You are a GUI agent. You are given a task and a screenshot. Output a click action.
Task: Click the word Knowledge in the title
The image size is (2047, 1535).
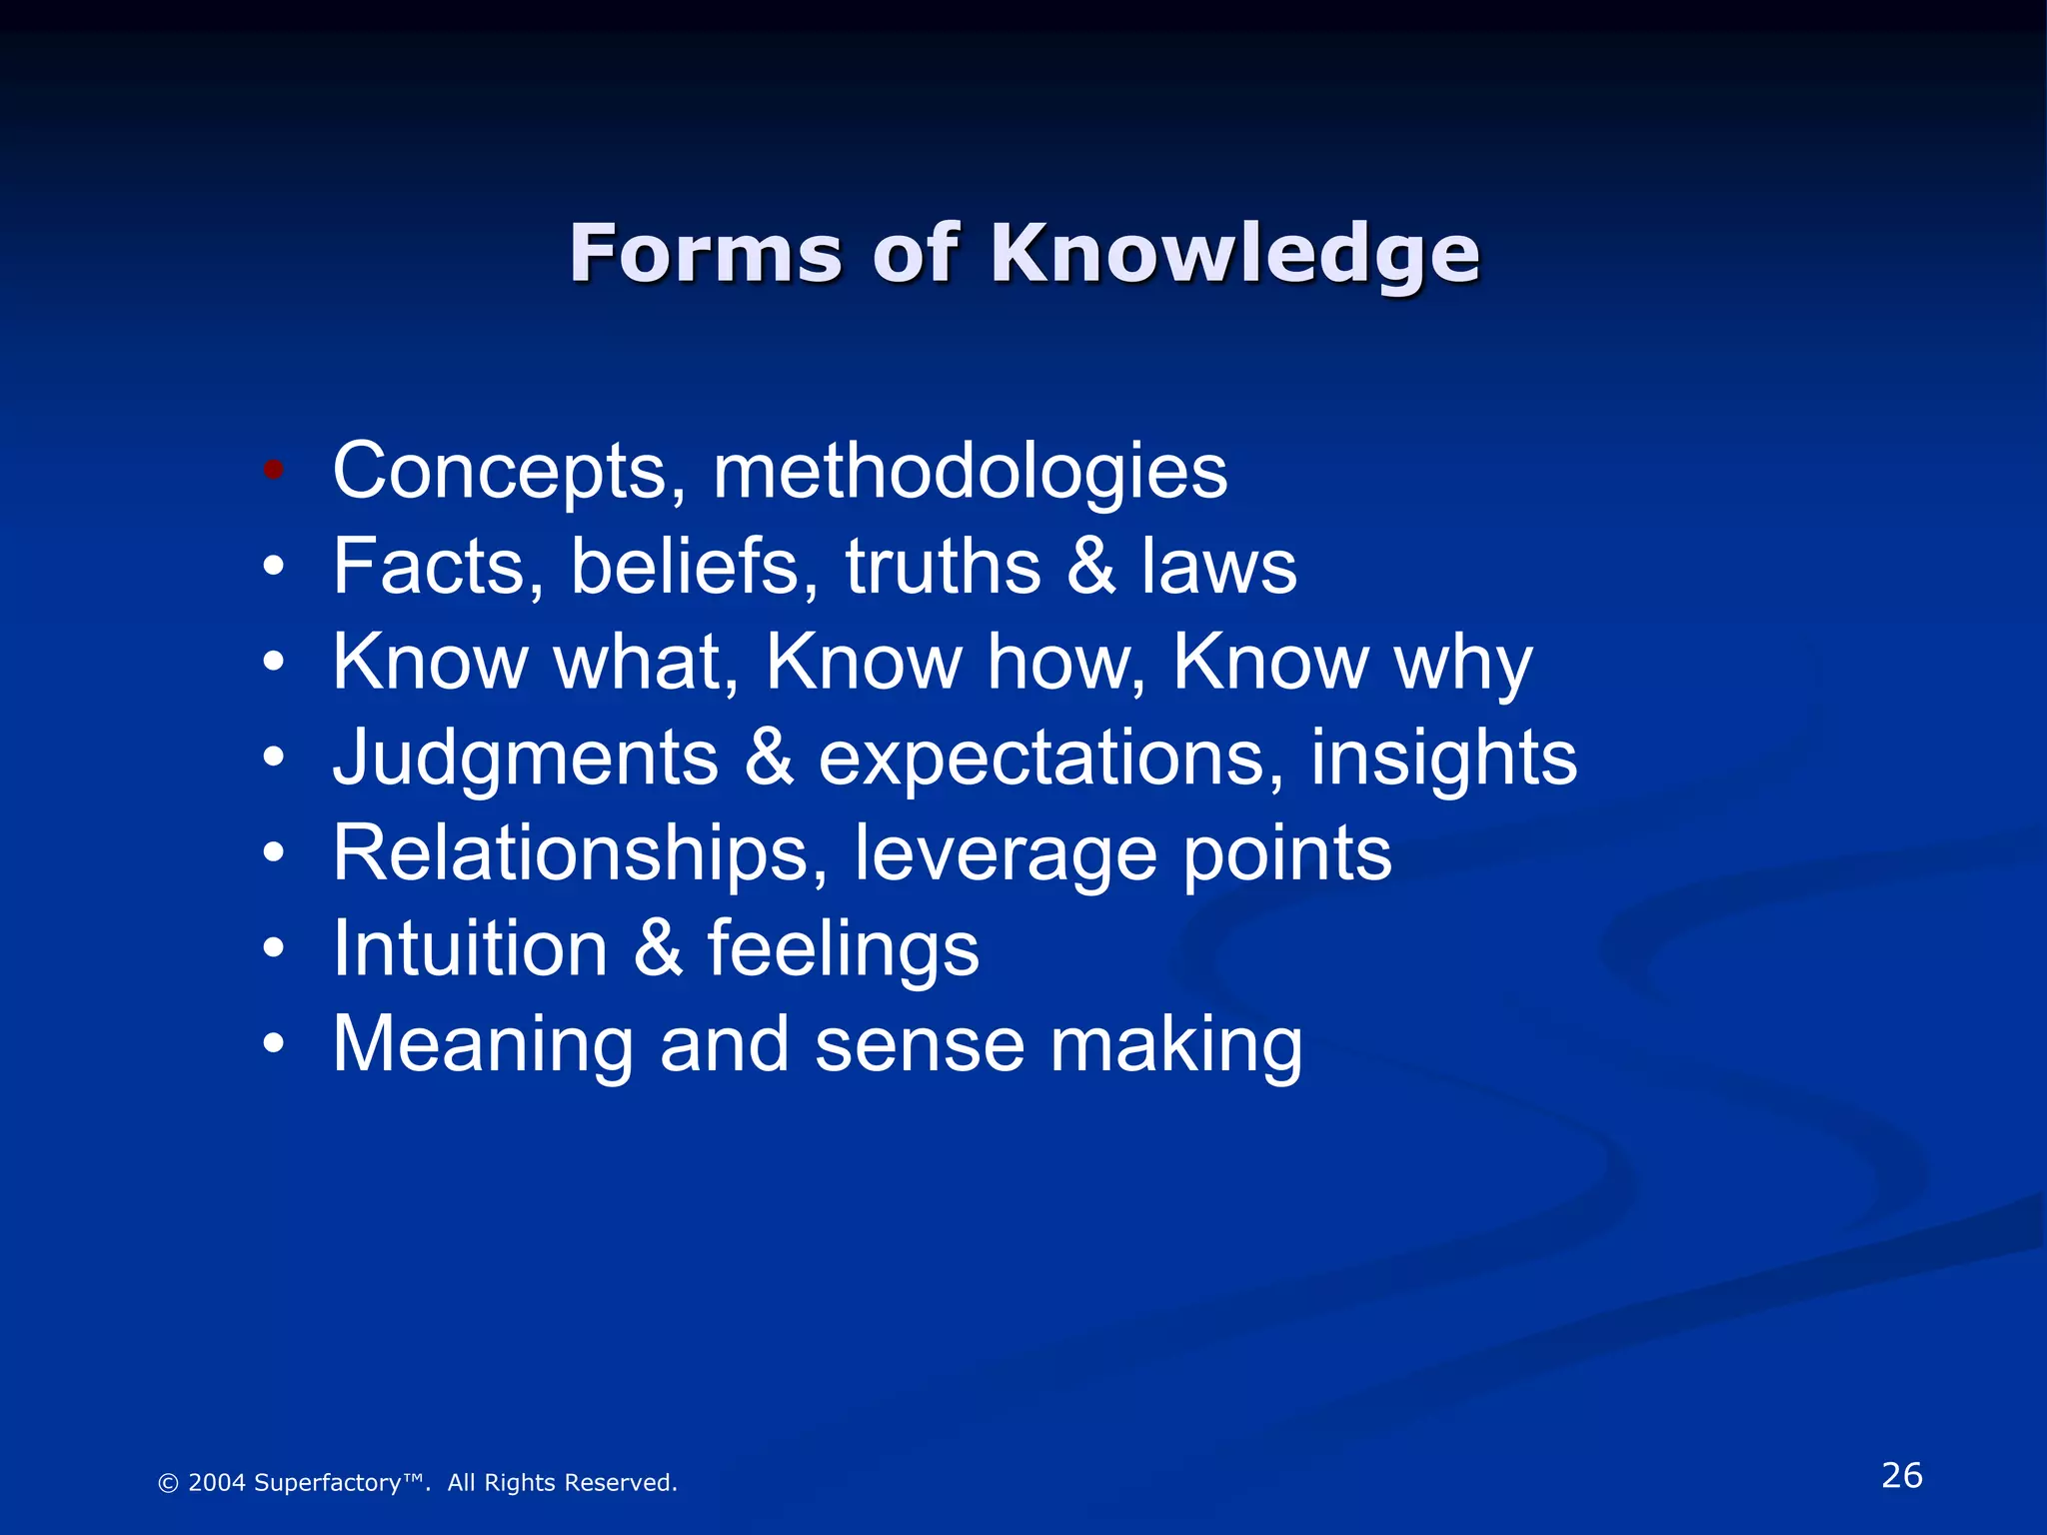[x=1234, y=256]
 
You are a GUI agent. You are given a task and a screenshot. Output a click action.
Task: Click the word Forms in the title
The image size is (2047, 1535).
[x=707, y=254]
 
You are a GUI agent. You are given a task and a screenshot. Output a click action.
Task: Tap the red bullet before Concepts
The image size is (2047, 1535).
[x=274, y=469]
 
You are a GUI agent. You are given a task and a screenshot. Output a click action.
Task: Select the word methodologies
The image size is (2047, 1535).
[x=970, y=471]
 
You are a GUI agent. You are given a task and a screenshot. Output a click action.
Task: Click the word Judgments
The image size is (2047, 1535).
[x=526, y=759]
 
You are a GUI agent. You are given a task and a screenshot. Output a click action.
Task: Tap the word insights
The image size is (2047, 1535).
[x=1443, y=757]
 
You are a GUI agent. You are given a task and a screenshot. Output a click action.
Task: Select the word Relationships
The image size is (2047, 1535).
[x=580, y=853]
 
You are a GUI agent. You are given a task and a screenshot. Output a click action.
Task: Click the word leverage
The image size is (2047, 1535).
[x=1006, y=855]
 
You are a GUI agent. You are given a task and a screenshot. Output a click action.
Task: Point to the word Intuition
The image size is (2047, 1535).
[x=470, y=948]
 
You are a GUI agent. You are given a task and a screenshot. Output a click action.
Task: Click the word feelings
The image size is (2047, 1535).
[x=844, y=950]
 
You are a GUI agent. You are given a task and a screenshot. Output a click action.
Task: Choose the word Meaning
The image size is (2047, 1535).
[x=483, y=1045]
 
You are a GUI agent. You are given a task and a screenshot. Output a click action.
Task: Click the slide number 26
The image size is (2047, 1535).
[x=1901, y=1475]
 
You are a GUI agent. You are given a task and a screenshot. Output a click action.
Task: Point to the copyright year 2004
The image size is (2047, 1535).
[x=216, y=1483]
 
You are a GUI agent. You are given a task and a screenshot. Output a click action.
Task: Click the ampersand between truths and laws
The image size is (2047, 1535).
[x=1090, y=567]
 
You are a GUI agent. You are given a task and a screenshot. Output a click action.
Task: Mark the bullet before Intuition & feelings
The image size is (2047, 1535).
[x=274, y=947]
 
